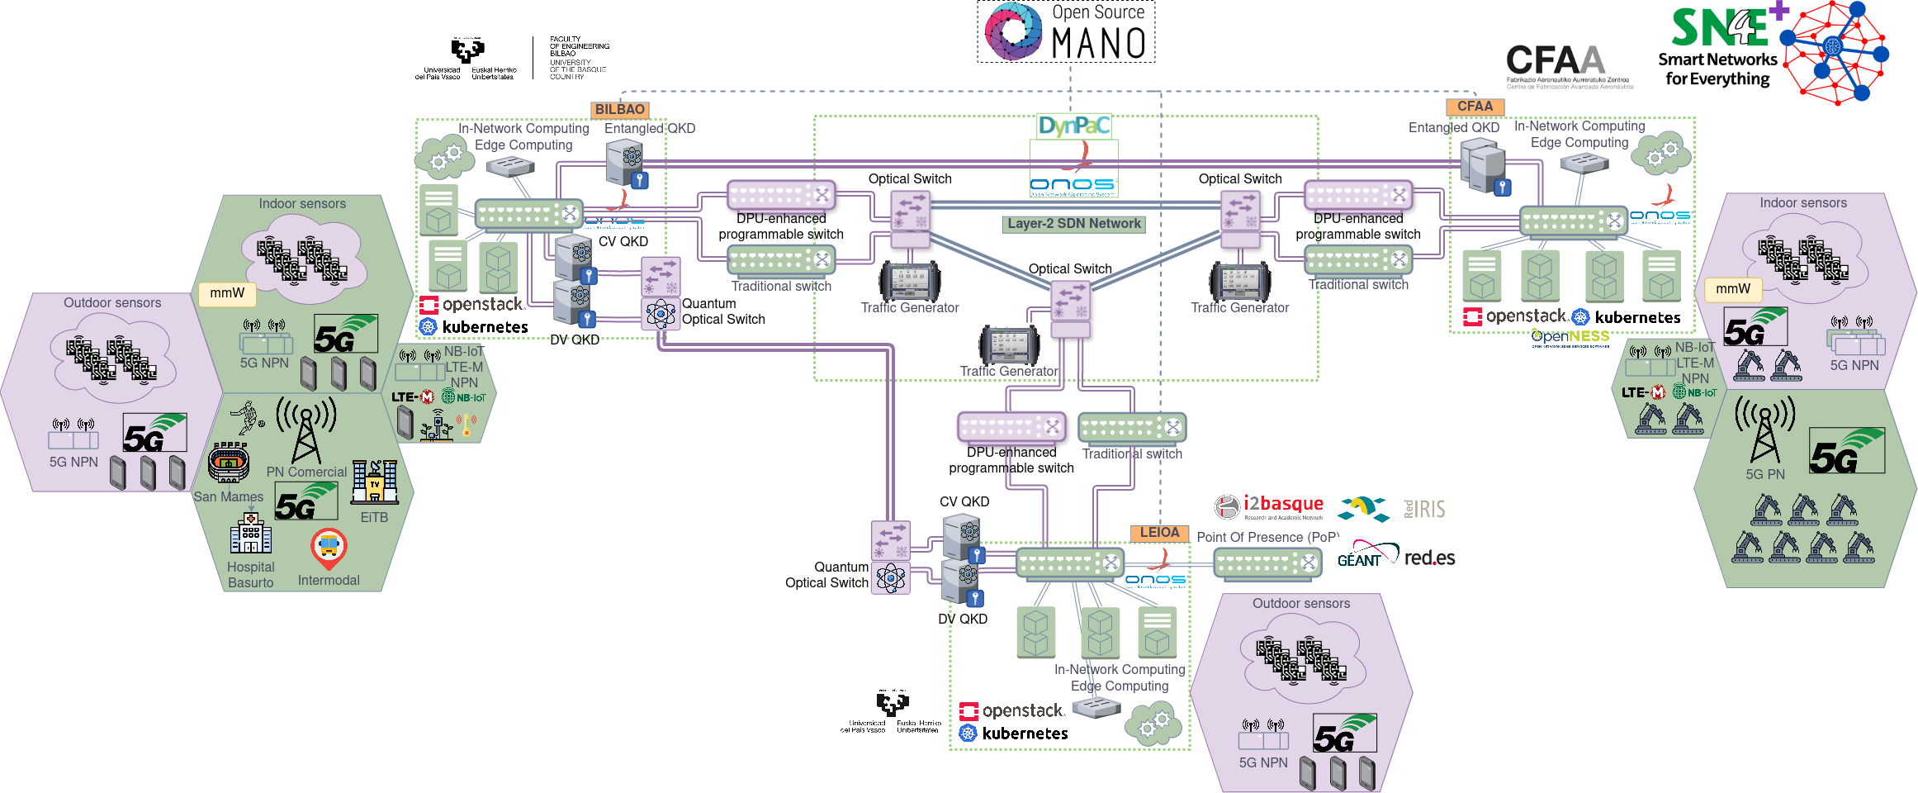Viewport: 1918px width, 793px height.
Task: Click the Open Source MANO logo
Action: coord(1066,32)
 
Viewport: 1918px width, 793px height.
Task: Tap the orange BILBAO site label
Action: coord(619,109)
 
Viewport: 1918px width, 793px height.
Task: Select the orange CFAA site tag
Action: coord(1475,107)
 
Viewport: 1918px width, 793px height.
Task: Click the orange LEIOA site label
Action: coord(1159,533)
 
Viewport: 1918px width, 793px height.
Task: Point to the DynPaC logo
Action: coord(1074,126)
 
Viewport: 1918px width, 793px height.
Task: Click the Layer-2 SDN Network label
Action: coord(1073,224)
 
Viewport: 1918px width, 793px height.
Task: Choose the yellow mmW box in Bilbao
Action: coord(227,293)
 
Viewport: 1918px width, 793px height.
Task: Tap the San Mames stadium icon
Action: coord(229,463)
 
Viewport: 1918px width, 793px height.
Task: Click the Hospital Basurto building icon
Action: coord(251,534)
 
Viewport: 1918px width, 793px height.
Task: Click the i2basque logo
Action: coord(1270,506)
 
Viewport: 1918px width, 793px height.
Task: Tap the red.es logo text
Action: coord(1429,558)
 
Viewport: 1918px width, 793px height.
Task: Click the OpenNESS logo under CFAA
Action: coord(1570,337)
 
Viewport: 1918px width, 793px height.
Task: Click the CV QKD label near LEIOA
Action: coord(964,501)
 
